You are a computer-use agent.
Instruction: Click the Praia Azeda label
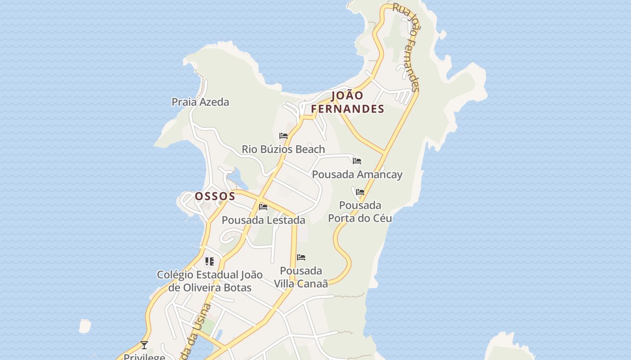pos(200,102)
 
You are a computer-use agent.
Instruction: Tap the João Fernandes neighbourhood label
pos(348,102)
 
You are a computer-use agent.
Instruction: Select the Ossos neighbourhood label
pos(215,196)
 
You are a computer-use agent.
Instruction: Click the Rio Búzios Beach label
pos(283,149)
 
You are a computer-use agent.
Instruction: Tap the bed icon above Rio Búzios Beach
pos(283,135)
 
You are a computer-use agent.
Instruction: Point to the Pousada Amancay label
pos(357,175)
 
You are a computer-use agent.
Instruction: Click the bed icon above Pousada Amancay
pos(357,161)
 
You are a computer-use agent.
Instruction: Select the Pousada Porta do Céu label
pos(360,212)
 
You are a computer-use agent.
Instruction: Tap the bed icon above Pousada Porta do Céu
pos(360,192)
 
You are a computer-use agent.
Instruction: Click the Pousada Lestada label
pos(263,220)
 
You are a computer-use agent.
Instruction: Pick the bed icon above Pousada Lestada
pos(263,207)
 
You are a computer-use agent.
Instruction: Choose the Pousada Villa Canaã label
pos(301,277)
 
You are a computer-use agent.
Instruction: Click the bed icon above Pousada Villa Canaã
pos(301,257)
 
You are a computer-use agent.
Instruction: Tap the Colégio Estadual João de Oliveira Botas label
pos(210,281)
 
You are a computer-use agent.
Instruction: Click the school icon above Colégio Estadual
pos(210,261)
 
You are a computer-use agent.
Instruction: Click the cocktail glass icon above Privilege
pos(144,345)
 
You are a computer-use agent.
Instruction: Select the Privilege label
pos(144,356)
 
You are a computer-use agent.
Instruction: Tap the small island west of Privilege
pos(85,326)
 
